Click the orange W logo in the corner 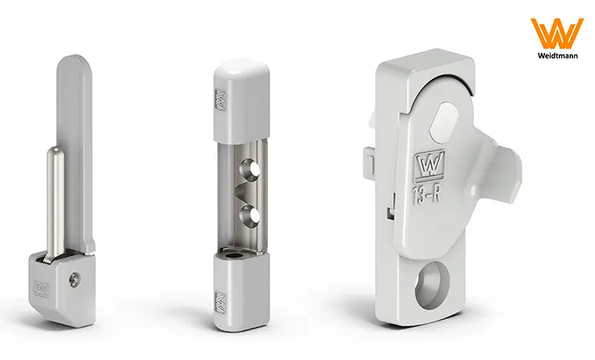556,34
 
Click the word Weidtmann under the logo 557,55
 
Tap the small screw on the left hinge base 73,280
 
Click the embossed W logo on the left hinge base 41,288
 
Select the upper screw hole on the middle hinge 249,170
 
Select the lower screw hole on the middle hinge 250,215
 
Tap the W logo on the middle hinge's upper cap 220,100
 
